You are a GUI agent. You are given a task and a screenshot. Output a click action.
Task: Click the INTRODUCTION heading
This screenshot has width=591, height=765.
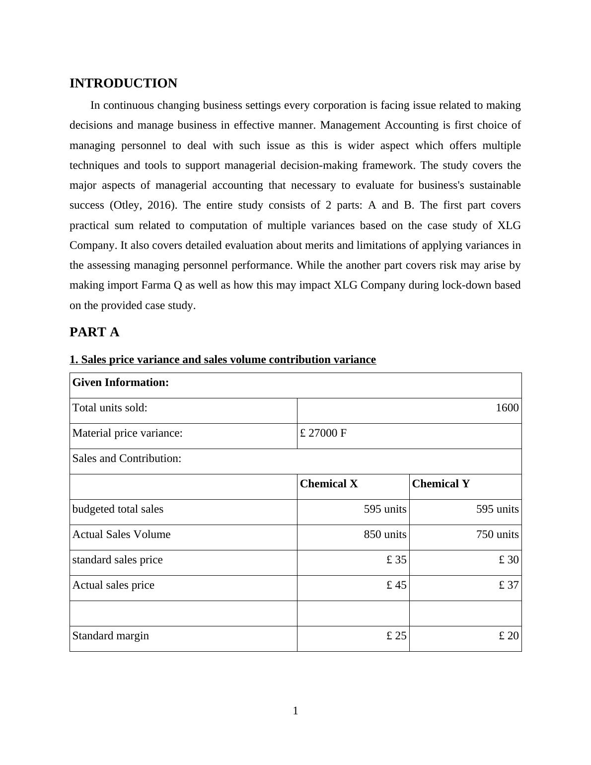click(123, 83)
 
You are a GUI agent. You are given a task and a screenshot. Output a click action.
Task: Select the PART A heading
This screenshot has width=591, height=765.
click(94, 332)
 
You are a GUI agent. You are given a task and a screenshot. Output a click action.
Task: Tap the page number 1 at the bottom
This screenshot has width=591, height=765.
click(295, 711)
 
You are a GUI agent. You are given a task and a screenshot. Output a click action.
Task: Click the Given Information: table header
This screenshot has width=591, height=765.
click(121, 382)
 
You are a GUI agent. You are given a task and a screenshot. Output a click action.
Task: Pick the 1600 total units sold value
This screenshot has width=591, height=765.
click(507, 408)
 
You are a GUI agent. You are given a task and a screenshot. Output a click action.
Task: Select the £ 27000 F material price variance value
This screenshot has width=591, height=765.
click(323, 433)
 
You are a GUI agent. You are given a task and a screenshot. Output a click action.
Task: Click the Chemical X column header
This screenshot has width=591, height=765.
click(329, 484)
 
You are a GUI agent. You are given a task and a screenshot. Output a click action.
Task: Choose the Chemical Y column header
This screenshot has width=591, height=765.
click(441, 484)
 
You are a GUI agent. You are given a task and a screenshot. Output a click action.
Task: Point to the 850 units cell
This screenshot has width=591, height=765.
click(385, 535)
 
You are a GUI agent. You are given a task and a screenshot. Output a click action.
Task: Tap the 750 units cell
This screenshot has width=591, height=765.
click(497, 535)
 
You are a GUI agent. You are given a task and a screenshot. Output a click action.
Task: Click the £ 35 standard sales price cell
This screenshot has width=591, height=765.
click(396, 560)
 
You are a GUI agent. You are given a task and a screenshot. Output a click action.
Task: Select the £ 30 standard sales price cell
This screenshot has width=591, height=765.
click(509, 560)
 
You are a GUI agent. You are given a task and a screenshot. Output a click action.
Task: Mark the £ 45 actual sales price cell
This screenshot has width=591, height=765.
click(396, 585)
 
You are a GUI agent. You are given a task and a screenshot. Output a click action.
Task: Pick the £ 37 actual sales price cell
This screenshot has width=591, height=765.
click(509, 585)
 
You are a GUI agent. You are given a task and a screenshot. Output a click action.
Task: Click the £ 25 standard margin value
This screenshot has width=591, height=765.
click(396, 636)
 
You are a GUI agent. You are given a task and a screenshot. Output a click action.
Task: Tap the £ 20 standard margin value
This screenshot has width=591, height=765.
click(509, 636)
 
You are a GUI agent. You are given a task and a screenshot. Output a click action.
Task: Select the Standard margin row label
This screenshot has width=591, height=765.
click(111, 636)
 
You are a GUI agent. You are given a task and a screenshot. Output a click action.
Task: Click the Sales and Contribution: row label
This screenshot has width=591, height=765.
click(127, 459)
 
